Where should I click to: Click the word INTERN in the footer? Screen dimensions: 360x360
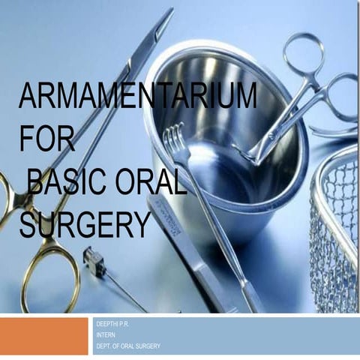pos(106,334)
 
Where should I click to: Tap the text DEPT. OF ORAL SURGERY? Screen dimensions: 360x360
pos(128,346)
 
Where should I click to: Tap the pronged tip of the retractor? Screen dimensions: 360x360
pos(174,136)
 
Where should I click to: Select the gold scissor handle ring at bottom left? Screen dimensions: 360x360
pos(49,265)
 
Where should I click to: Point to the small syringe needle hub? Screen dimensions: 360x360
pos(94,260)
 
